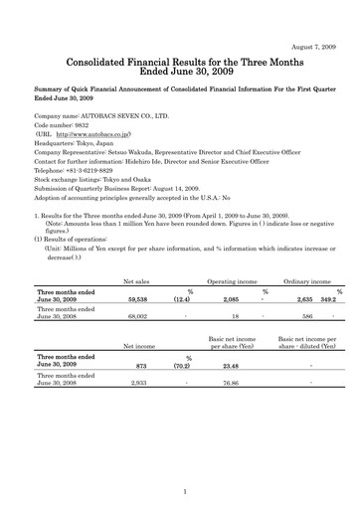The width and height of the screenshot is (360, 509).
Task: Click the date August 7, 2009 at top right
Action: [309, 19]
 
